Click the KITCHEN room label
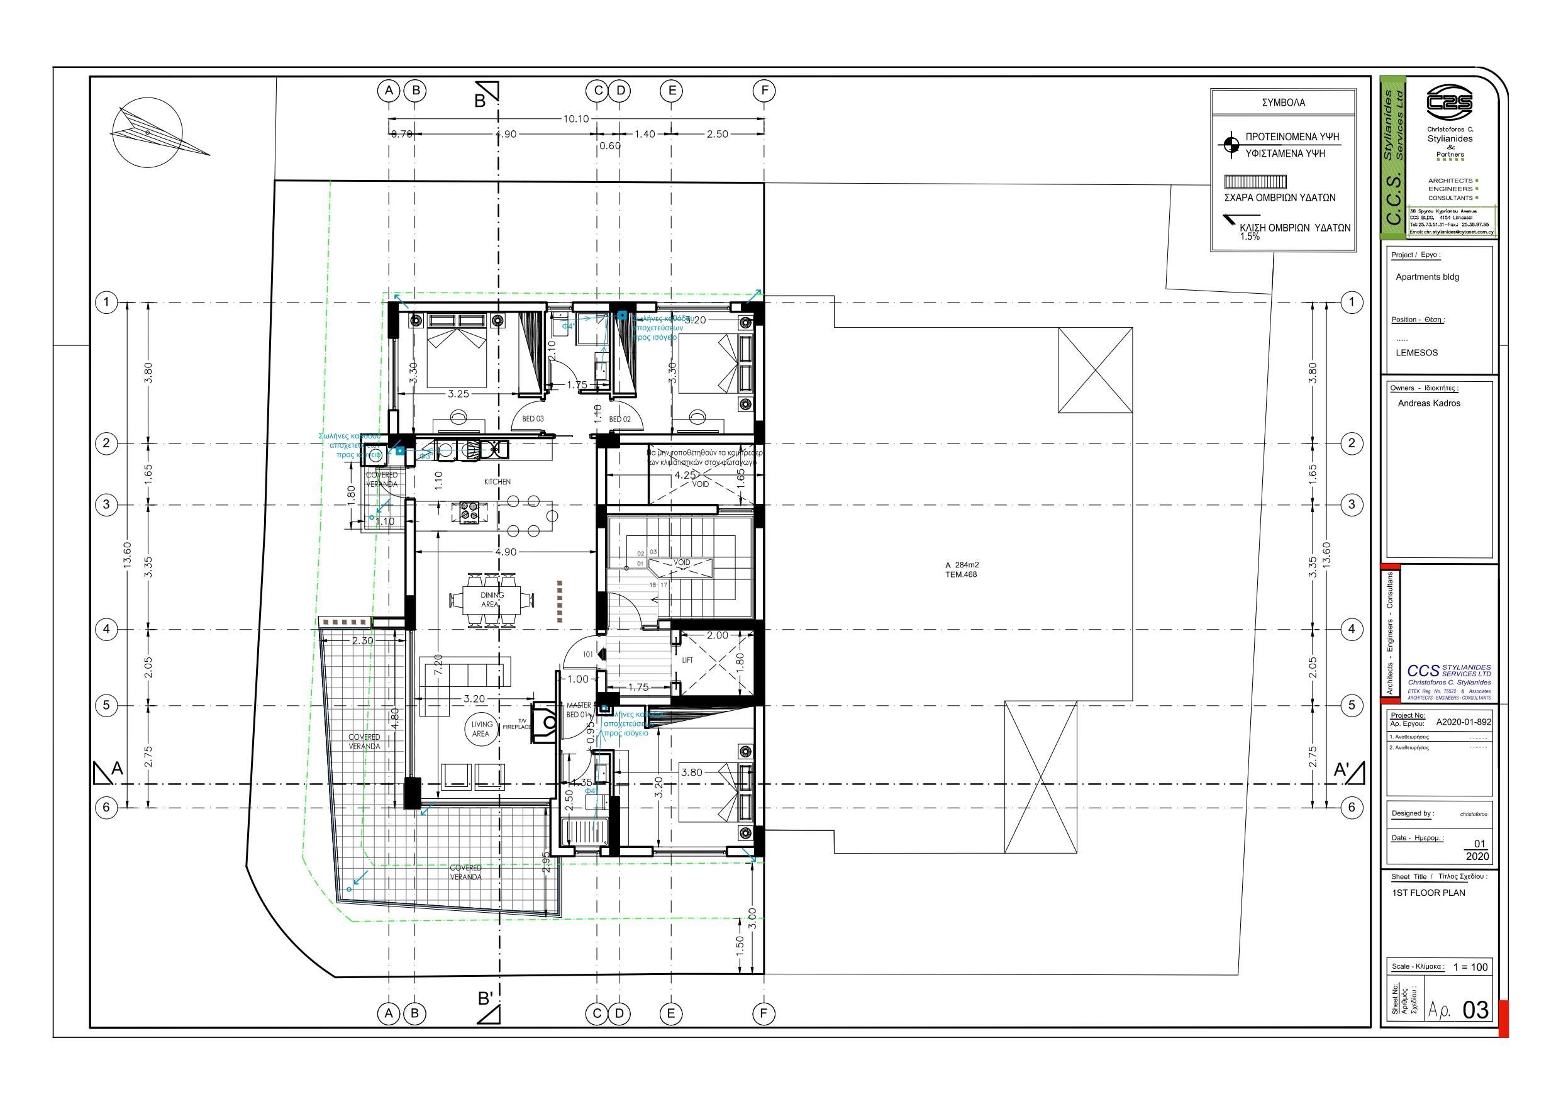tap(497, 482)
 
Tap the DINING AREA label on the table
tap(492, 599)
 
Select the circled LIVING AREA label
tap(481, 729)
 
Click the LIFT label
tap(687, 660)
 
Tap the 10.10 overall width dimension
tap(576, 119)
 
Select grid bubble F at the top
tap(764, 91)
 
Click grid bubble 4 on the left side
tap(106, 629)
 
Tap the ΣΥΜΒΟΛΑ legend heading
tap(1283, 103)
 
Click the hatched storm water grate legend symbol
tap(1255, 182)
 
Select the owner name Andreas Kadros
tap(1428, 403)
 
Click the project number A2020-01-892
tap(1463, 722)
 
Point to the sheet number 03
tap(1475, 1010)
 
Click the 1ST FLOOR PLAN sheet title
tap(1428, 893)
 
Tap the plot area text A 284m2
tap(962, 566)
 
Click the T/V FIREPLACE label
tap(518, 725)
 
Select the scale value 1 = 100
tap(1470, 967)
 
